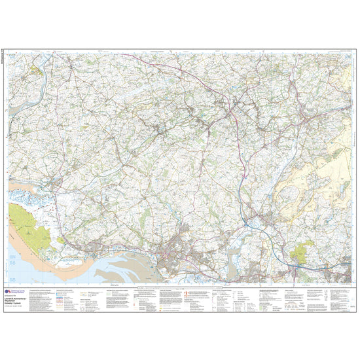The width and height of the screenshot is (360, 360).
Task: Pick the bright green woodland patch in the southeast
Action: coord(303,250)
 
